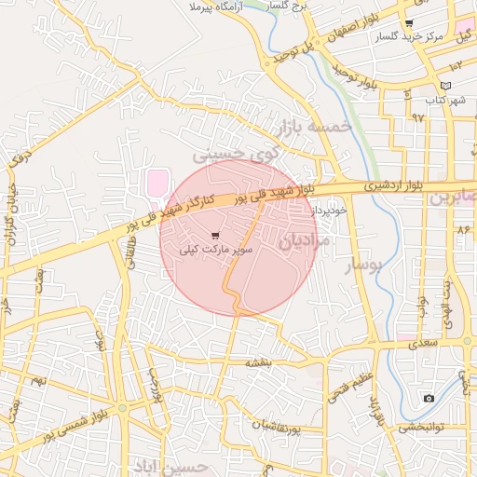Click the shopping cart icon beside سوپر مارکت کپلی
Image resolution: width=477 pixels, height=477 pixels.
[216, 236]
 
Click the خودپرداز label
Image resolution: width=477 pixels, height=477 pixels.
[330, 211]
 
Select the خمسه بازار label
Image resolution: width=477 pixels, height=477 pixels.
[311, 126]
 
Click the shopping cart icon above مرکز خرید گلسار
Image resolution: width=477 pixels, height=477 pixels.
[409, 23]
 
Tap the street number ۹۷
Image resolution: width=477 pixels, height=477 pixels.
[417, 118]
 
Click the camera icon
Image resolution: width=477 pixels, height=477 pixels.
[428, 399]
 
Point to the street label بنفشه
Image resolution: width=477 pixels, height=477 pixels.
[257, 360]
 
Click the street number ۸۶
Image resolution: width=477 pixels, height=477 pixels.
[462, 228]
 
